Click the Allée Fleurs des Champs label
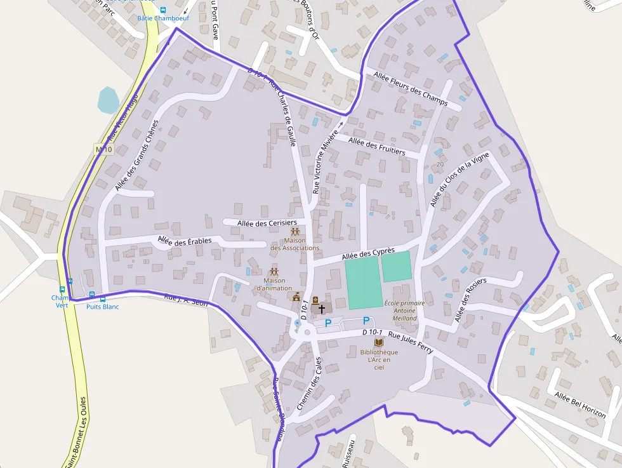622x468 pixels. tap(411, 89)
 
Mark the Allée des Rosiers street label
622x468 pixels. tap(470, 300)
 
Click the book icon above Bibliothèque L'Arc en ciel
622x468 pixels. tap(378, 342)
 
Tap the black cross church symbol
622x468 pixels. tap(321, 309)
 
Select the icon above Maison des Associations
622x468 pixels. tap(294, 232)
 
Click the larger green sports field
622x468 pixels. tap(363, 284)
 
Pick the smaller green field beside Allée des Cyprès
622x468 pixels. tap(396, 267)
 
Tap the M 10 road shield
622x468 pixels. tap(103, 150)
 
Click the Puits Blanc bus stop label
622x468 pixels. tap(102, 307)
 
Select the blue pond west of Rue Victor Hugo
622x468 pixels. tap(108, 100)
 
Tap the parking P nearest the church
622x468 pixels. tap(328, 323)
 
